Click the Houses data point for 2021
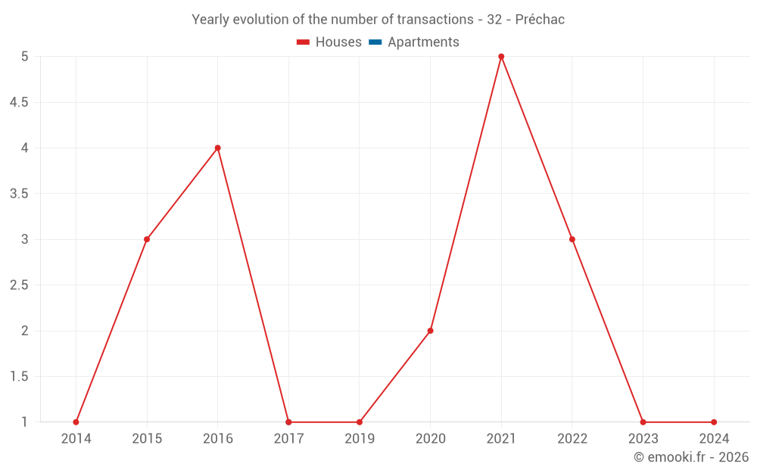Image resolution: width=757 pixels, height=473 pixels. pos(501,57)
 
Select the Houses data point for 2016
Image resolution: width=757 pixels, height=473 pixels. pos(217,148)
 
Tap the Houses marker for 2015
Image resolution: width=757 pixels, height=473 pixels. pos(147,239)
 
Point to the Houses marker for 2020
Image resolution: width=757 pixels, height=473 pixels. pos(430,331)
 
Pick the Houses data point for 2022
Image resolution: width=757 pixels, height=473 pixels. pos(572,239)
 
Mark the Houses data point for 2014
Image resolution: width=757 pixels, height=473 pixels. pos(76,422)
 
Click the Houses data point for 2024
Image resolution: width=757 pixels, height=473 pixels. pos(714,422)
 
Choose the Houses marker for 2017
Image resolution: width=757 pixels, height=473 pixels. pos(288,422)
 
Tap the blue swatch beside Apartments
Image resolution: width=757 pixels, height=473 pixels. pos(375,42)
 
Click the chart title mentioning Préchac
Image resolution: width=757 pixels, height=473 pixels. pos(378,20)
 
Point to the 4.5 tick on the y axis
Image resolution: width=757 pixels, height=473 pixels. pos(19,102)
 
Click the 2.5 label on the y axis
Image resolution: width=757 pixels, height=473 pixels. pos(19,285)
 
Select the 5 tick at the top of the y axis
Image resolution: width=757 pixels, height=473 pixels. pos(24,57)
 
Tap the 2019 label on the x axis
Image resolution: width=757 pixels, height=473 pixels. pos(360,438)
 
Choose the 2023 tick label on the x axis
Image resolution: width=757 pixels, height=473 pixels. pos(643,438)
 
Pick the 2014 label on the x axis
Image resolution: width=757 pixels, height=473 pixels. pos(76,438)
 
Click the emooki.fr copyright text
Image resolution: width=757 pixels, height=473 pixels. pos(690,457)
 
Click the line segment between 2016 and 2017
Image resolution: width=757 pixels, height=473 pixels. pos(253,285)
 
